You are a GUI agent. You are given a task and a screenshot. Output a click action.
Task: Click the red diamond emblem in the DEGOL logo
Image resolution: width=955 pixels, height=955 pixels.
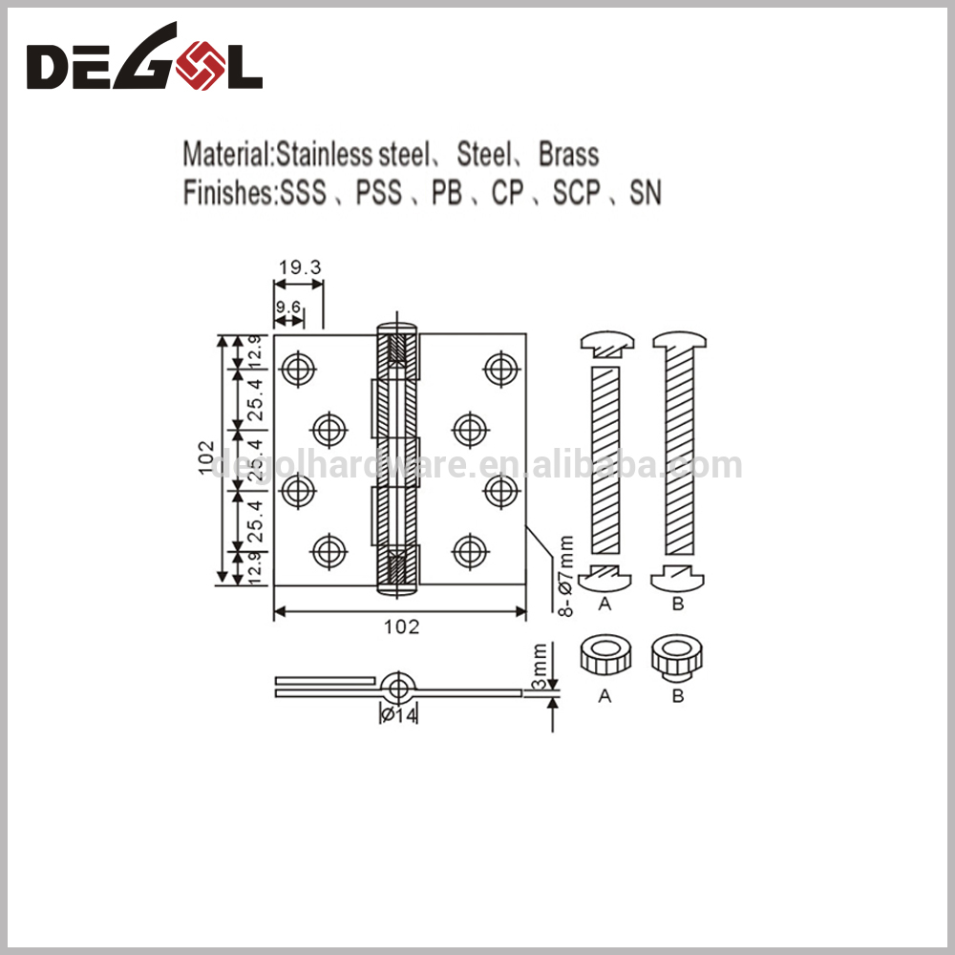[201, 66]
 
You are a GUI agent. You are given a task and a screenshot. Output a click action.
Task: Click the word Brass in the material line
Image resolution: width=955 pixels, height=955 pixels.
[569, 154]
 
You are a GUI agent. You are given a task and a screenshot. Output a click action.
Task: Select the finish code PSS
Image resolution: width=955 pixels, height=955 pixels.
[379, 193]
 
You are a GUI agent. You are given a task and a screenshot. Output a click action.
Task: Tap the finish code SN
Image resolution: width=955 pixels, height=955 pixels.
[645, 193]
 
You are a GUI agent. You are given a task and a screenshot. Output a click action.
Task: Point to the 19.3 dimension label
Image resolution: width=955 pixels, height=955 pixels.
[300, 267]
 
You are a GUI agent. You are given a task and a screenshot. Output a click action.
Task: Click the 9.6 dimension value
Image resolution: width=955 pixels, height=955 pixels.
[288, 307]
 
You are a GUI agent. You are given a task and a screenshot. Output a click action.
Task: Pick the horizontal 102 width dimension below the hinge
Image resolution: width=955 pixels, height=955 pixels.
[401, 626]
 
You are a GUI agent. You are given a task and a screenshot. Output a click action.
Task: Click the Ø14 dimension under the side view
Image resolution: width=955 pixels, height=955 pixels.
[399, 715]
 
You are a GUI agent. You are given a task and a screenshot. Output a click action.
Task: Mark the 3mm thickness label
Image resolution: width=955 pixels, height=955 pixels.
[539, 667]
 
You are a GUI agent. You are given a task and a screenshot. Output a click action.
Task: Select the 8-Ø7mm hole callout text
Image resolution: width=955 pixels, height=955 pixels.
[565, 576]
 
